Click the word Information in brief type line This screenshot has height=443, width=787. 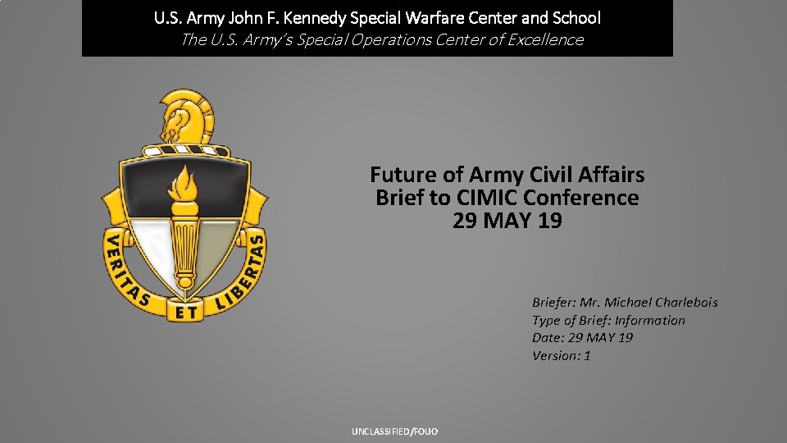click(649, 320)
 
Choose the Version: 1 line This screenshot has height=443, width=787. click(562, 355)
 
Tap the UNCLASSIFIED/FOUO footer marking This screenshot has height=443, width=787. click(395, 432)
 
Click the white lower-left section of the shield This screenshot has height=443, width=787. click(152, 246)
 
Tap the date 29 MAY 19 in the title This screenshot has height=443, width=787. click(507, 221)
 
